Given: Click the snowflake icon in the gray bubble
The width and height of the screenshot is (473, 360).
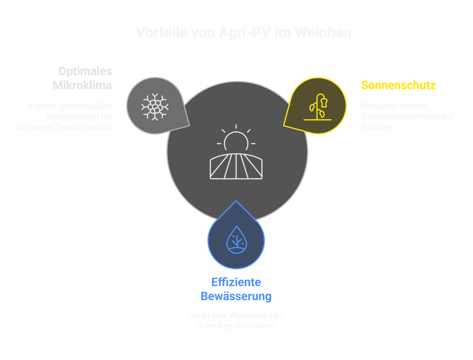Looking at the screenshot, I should point(155,107).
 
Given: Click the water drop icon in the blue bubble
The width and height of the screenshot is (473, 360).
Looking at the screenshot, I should point(236,240).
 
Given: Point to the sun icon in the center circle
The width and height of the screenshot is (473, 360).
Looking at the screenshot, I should point(236,139).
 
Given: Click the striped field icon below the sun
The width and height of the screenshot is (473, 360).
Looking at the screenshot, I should point(236,167).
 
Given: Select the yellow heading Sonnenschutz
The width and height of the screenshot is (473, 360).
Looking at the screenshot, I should point(398,85).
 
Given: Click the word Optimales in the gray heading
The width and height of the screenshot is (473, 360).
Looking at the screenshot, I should point(85,71).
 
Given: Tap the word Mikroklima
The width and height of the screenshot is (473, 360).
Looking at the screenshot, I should point(82,85).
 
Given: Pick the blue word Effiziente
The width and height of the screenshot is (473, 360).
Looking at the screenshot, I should point(236,282).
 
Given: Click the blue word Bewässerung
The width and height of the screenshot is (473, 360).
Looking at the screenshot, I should point(236,296).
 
